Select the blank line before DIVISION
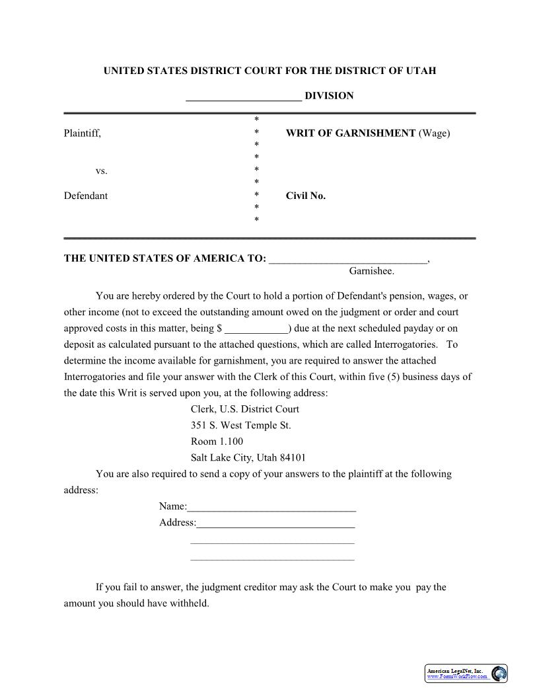pos(244,97)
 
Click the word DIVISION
pos(329,96)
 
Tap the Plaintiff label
pos(83,134)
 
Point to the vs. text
pos(101,171)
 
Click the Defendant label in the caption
pos(86,196)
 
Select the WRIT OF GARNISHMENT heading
pos(350,134)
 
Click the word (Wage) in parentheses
pos(434,134)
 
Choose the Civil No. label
pos(305,196)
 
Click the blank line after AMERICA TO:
pos(348,259)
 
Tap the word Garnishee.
pos(371,271)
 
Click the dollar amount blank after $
pos(256,329)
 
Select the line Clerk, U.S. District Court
pos(244,409)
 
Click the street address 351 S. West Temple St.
pos(240,426)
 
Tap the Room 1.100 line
pos(217,442)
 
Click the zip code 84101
pos(293,457)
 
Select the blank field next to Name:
pos(271,508)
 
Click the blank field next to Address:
pos(275,523)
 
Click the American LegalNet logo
pos(466,673)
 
